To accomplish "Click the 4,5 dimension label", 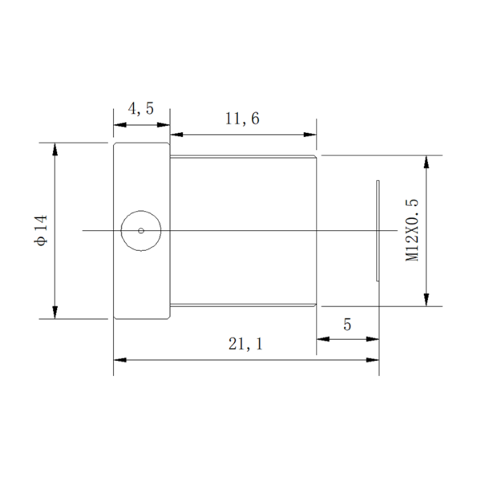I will pyautogui.click(x=141, y=109).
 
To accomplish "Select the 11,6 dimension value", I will pyautogui.click(x=242, y=119).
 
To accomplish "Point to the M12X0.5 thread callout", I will pyautogui.click(x=412, y=230).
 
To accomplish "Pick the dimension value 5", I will pyautogui.click(x=347, y=325).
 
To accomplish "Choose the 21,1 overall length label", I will pyautogui.click(x=245, y=345).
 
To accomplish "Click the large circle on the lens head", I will pyautogui.click(x=140, y=231).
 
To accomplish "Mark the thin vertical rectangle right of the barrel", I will pyautogui.click(x=378, y=231).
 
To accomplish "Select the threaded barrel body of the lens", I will pyautogui.click(x=244, y=230).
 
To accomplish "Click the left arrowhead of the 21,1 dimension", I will pyautogui.click(x=119, y=360).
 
